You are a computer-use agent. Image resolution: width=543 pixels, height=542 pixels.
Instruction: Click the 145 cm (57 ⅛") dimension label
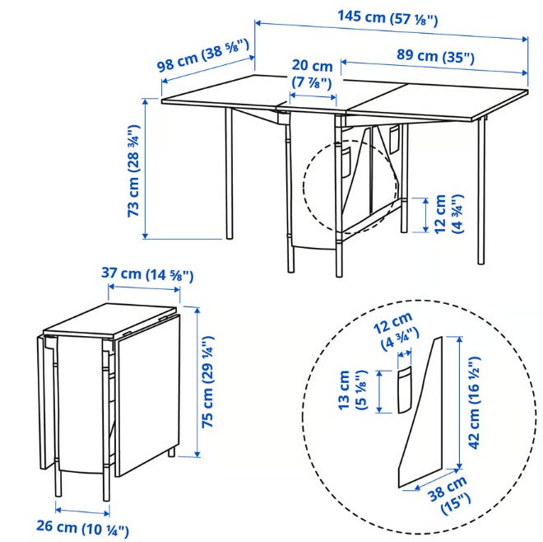click(388, 17)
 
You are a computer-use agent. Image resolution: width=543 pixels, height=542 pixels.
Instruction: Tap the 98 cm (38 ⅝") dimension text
click(203, 55)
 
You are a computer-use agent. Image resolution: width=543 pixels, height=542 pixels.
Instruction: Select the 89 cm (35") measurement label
click(435, 56)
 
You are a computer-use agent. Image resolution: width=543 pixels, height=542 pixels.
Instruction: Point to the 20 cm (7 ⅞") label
click(312, 74)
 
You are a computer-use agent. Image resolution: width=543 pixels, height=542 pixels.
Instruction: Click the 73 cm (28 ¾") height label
click(133, 171)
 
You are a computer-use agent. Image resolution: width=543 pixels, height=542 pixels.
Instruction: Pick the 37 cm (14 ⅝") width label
click(147, 274)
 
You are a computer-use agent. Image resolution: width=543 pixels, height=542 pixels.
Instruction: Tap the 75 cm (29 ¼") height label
click(208, 381)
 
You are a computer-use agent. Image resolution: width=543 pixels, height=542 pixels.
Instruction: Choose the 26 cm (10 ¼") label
click(82, 527)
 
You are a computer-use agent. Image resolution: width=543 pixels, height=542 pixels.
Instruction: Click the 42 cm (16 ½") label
click(474, 403)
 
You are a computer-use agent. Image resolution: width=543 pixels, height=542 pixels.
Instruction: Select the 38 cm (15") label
click(449, 494)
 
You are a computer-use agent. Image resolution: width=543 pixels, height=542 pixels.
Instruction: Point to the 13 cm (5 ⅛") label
click(351, 390)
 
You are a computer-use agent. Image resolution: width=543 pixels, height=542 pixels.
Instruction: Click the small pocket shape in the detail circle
click(404, 390)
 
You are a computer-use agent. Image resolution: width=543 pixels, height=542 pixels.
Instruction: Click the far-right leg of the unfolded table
click(481, 191)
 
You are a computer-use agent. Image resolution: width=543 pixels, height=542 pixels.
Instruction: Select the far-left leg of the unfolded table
click(229, 173)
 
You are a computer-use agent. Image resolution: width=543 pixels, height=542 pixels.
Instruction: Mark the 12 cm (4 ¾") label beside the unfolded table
click(448, 214)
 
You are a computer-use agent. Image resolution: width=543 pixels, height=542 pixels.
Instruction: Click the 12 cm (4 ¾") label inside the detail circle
click(396, 331)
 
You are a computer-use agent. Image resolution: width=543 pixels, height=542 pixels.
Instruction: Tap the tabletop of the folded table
click(110, 320)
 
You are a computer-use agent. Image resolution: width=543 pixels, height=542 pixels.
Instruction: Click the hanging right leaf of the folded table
click(148, 392)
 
